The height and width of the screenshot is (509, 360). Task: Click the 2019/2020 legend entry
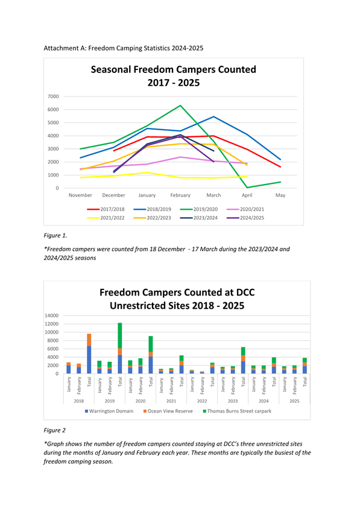[198, 209]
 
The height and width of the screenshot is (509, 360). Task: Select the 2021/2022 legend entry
[106, 218]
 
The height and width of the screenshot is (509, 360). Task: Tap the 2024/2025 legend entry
[245, 218]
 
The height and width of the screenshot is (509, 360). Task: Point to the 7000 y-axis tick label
[53, 96]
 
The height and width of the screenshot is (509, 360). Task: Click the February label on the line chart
[180, 195]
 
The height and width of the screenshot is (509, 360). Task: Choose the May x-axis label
[280, 195]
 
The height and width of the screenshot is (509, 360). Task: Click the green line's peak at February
[180, 105]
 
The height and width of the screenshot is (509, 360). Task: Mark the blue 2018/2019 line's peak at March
[213, 116]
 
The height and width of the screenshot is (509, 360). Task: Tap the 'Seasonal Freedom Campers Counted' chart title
[173, 69]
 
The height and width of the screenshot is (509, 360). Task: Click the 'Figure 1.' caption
[55, 236]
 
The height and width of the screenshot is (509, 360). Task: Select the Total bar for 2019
[120, 348]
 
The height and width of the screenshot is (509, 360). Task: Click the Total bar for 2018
[89, 353]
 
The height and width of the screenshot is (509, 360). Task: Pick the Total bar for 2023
[243, 360]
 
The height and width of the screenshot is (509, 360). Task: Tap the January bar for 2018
[69, 368]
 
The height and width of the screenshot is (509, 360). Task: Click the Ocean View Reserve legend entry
[168, 411]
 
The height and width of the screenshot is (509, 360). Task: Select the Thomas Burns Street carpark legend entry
[238, 411]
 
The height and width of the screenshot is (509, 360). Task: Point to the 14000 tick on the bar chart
[52, 315]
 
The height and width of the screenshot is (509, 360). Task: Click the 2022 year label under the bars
[202, 401]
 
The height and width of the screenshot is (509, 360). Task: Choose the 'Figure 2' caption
[54, 431]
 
